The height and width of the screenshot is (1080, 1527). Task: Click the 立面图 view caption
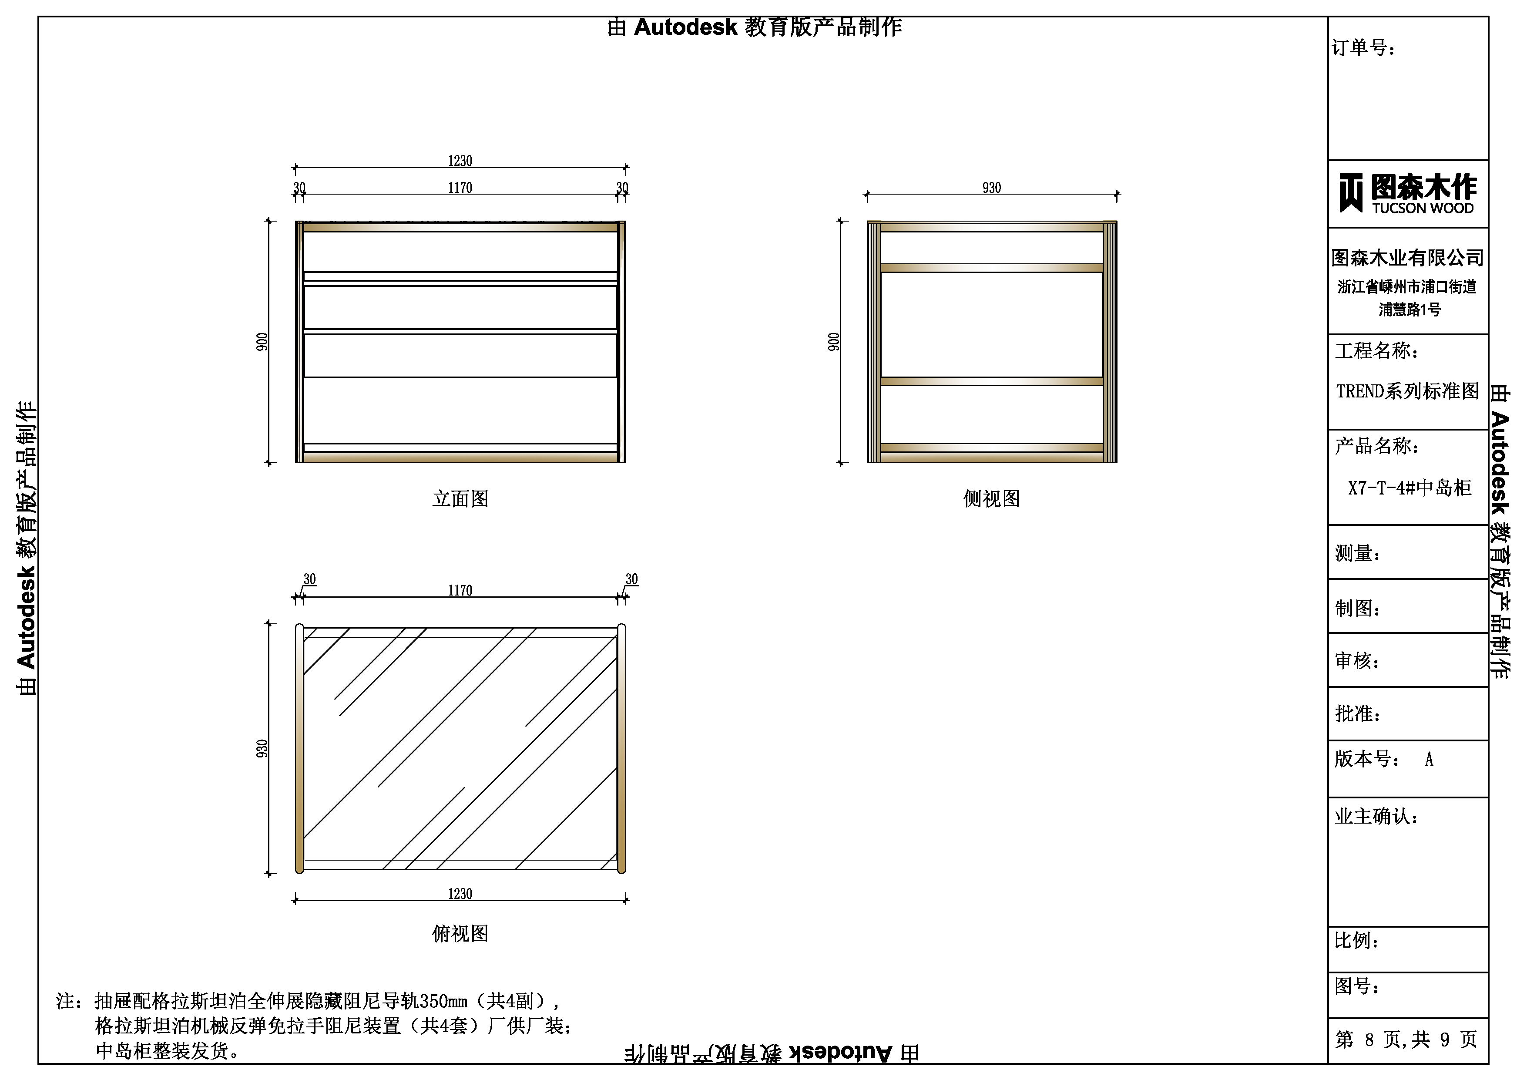point(460,498)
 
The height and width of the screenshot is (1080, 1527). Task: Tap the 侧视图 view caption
point(992,498)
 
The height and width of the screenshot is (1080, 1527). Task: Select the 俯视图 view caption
point(460,934)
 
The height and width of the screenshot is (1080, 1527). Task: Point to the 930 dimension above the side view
point(992,188)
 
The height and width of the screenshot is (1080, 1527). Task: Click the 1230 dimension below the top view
point(460,894)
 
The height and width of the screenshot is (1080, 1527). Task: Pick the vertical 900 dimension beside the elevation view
point(262,342)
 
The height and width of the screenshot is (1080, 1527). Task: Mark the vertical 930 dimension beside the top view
point(262,749)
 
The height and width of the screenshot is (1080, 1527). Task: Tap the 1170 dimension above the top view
point(460,590)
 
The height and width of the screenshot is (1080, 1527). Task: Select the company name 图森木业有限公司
point(1407,258)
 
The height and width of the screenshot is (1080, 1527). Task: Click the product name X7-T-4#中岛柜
point(1409,488)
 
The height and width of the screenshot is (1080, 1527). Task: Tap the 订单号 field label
point(1363,47)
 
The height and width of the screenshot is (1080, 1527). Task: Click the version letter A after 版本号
point(1429,759)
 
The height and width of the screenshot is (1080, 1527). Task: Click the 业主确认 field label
point(1376,816)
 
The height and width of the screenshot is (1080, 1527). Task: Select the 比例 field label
point(1357,940)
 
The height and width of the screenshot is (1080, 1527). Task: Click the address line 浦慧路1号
point(1409,310)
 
